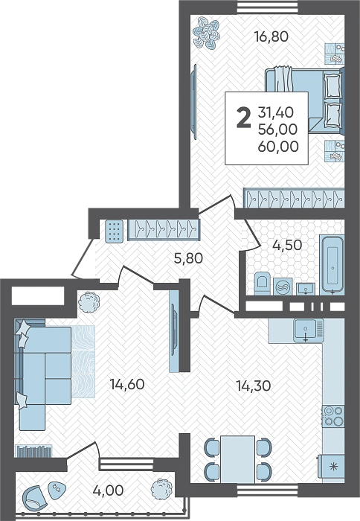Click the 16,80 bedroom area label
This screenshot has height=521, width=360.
tap(271, 36)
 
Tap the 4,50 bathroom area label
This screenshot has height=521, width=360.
tap(287, 245)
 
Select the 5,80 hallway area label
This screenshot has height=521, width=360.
tap(188, 258)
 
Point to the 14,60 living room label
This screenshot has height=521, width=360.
tap(127, 384)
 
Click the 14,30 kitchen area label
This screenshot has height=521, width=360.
tap(254, 386)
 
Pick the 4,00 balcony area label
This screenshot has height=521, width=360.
tap(109, 490)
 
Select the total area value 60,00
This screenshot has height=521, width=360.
tap(278, 146)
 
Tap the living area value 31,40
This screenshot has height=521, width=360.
tap(276, 112)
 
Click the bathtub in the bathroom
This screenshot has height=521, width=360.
tap(332, 265)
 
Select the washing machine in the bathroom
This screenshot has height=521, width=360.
tap(283, 287)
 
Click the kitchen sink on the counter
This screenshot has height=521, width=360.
tap(309, 330)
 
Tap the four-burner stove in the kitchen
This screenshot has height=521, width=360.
tap(333, 415)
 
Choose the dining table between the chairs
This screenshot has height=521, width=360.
tap(238, 459)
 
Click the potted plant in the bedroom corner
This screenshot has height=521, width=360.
tap(207, 33)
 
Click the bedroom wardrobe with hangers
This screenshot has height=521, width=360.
tap(294, 198)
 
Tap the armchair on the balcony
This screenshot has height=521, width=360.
tap(32, 497)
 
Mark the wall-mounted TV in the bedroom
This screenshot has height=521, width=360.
tap(193, 102)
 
